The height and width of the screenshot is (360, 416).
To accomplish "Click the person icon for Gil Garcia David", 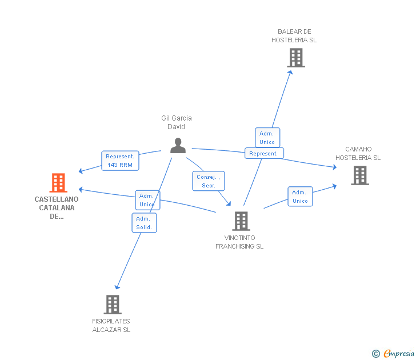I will (178, 146).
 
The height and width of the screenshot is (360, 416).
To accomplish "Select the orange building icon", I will (58, 183).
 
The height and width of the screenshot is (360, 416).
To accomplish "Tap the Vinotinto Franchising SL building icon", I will (241, 221).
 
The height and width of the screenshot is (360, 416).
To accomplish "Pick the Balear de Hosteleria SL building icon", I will (295, 58).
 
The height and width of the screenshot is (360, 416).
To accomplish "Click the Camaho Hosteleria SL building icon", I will (359, 175).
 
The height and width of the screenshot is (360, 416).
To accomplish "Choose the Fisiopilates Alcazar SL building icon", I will (113, 304).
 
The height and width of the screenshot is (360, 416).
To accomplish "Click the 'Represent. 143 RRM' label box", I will (120, 161).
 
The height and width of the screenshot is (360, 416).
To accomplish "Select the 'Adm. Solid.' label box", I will (144, 223).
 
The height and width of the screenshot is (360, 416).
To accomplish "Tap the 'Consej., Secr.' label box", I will (208, 181).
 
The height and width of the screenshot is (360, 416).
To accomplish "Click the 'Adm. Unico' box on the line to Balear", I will (267, 138).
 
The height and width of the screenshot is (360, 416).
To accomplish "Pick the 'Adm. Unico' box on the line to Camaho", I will (300, 197).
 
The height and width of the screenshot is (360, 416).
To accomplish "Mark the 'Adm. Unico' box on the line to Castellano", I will (147, 200).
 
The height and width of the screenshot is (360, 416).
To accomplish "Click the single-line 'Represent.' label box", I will (264, 153).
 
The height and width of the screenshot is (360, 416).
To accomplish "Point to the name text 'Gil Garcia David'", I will (177, 122).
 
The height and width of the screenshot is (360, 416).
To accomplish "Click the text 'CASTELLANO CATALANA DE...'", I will (57, 208).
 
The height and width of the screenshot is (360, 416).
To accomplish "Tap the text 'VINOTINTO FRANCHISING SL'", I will (239, 242).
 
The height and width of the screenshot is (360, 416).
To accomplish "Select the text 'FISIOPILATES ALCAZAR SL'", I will (111, 325).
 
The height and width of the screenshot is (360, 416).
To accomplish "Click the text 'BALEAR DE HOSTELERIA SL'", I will (294, 35).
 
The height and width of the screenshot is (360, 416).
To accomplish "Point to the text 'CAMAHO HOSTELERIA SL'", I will (358, 154).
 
